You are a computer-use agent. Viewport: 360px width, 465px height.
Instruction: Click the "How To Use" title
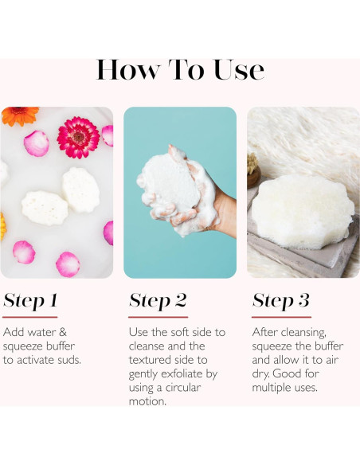[x=180, y=70]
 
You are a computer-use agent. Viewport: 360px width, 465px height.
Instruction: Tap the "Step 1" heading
[x=30, y=301]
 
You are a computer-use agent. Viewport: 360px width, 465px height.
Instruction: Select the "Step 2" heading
[x=158, y=301]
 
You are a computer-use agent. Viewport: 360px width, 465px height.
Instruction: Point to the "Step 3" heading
[x=281, y=301]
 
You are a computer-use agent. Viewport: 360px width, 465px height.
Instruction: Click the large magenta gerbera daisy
[x=78, y=137]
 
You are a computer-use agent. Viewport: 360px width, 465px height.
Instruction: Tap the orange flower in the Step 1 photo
[x=20, y=115]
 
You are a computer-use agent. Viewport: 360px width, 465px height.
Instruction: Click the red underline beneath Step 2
[x=158, y=317]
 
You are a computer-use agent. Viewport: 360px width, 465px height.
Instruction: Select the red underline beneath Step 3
[x=281, y=317]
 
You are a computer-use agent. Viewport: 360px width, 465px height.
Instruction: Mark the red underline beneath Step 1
[x=30, y=317]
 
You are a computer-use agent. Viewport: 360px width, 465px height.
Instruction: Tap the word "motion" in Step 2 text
[x=147, y=401]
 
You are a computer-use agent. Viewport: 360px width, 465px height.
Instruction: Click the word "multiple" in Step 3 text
[x=269, y=388]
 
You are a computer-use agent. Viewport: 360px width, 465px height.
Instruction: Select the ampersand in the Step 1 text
[x=63, y=332]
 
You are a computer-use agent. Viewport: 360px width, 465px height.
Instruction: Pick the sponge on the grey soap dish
[x=303, y=210]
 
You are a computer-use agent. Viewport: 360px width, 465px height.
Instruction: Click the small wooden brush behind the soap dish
[x=253, y=171]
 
